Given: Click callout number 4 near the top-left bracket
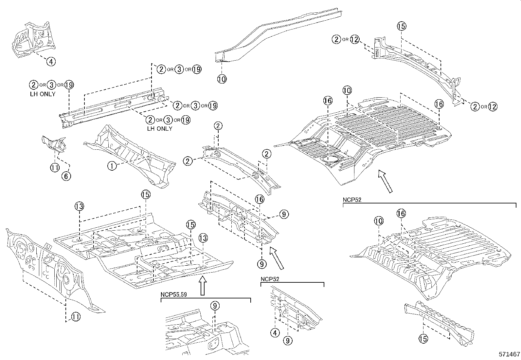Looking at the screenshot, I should [x=50, y=61].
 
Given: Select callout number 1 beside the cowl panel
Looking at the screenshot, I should [x=112, y=166].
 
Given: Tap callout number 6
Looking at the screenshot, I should [x=66, y=176].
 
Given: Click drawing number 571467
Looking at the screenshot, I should [x=509, y=354].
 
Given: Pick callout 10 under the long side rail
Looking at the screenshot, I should [x=222, y=79].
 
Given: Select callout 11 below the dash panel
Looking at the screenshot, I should [x=75, y=317].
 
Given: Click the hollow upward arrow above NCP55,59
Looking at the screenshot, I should [x=203, y=285].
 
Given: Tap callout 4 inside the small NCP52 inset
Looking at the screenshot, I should [x=275, y=333].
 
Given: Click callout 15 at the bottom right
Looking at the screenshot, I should [x=423, y=338].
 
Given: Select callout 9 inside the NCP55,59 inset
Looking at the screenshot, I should [x=214, y=306].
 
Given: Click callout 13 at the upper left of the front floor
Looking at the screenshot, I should [x=79, y=206].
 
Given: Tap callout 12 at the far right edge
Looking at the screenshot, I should [x=493, y=106].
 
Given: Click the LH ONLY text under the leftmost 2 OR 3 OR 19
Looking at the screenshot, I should [x=42, y=94].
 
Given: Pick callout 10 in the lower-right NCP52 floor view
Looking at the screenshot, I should [x=378, y=221].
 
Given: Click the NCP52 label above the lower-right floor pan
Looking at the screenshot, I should [x=352, y=200].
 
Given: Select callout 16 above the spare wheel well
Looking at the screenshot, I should [x=328, y=101].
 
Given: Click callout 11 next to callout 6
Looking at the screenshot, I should [x=55, y=168].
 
